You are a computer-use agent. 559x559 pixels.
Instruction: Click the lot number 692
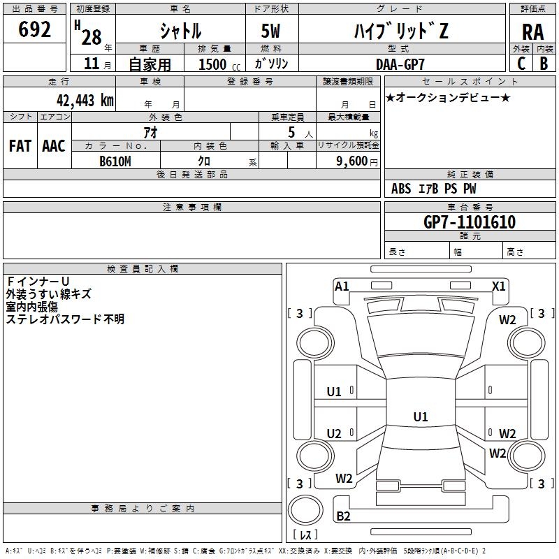pos(34,29)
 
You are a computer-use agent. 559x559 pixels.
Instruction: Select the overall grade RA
pos(533,32)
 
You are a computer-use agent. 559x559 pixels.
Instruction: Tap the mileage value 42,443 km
pos(85,101)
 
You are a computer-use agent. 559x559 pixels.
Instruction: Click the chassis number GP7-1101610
pos(470,222)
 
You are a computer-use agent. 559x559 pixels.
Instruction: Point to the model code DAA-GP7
pos(400,64)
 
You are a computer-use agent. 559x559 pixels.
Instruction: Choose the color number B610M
pos(115,161)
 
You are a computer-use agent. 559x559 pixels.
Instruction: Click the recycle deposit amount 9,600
pos(352,161)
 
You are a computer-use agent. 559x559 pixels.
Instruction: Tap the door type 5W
pos(270,31)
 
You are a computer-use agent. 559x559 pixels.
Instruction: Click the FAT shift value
pos(20,146)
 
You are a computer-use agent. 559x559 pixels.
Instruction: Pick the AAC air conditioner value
pos(54,146)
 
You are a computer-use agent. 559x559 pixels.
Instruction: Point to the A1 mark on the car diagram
pos(342,286)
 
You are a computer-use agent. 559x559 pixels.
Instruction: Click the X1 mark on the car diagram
pos(498,286)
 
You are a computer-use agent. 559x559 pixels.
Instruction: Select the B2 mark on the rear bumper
pos(343,516)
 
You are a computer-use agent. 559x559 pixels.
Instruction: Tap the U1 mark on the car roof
pos(421,416)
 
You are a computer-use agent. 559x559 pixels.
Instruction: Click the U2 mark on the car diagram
pos(334,433)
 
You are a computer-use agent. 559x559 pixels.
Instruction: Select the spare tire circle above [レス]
pos(305,511)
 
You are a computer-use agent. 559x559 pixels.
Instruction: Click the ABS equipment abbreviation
pos(401,188)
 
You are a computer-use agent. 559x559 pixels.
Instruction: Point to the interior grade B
pos(544,64)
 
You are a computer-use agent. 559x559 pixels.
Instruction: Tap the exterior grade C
pos(521,64)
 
